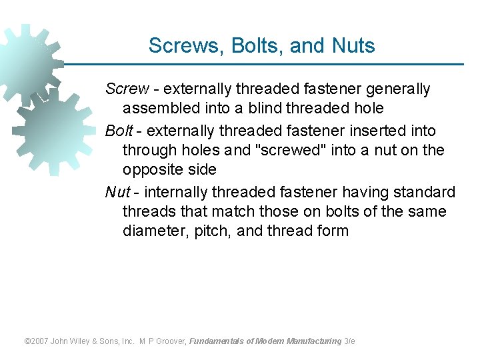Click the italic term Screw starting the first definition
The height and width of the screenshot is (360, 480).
point(127,89)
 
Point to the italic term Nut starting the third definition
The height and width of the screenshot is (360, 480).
point(117,193)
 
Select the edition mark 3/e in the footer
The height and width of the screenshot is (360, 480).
point(349,341)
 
